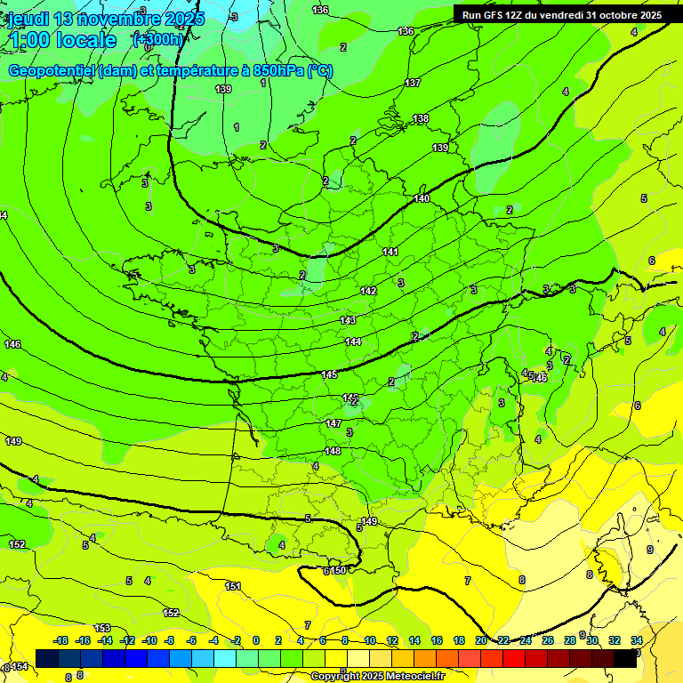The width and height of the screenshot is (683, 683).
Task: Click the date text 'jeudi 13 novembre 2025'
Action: [106, 19]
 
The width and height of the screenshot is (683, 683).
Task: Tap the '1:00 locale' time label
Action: [62, 40]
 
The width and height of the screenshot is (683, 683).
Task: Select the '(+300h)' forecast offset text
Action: [157, 39]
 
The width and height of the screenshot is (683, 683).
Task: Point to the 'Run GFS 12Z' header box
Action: [561, 15]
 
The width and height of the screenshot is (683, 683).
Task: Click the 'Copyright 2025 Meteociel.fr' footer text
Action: [377, 677]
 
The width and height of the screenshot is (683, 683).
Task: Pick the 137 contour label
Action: [413, 83]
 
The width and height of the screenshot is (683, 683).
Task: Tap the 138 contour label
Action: [421, 118]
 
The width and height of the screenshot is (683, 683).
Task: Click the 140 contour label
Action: [422, 198]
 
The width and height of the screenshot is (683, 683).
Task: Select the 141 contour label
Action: [390, 253]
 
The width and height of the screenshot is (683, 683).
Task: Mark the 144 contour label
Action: [353, 342]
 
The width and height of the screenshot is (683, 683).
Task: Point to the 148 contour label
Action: [333, 451]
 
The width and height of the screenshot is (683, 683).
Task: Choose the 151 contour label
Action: [233, 586]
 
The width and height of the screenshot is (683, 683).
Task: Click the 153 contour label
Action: [102, 629]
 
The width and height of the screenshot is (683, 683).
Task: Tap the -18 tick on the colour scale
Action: [60, 640]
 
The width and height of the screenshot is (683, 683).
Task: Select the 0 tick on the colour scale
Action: [256, 640]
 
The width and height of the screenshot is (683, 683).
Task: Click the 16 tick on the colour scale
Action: [437, 640]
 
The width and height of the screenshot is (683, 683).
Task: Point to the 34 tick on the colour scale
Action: [637, 640]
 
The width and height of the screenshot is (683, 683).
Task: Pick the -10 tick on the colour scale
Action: [149, 640]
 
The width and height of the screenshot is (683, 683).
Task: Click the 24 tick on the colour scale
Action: [526, 640]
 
